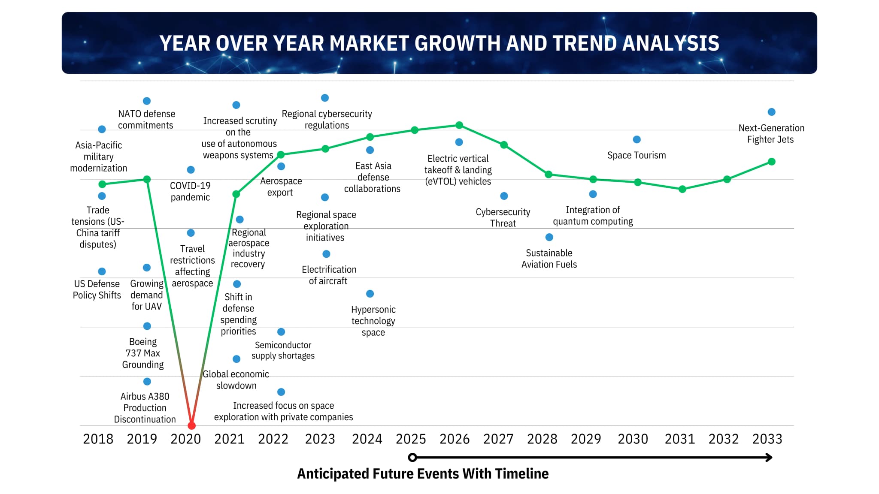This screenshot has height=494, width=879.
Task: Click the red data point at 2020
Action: click(x=192, y=425)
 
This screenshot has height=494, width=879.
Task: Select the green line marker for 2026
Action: click(x=459, y=125)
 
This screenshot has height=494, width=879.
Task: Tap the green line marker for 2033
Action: click(x=771, y=162)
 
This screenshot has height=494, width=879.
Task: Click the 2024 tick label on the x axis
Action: click(x=367, y=439)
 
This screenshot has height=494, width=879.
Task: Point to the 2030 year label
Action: click(x=633, y=439)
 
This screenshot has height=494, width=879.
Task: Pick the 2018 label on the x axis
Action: click(x=98, y=439)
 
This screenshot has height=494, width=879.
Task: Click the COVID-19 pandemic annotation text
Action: click(x=190, y=191)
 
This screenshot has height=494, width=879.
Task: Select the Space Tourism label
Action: click(x=637, y=155)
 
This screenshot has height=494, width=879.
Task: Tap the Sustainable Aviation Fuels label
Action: click(x=549, y=259)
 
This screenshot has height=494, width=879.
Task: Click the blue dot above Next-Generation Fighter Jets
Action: click(x=771, y=112)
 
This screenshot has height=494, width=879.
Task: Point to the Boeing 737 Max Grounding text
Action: click(x=143, y=353)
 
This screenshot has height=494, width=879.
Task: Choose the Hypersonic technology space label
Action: click(x=373, y=321)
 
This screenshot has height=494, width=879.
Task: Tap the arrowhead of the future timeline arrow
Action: click(x=769, y=458)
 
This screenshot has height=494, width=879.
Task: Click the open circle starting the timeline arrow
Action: click(x=412, y=458)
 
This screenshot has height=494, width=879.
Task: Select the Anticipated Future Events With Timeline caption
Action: click(x=423, y=474)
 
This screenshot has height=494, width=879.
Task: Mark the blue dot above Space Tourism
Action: click(x=637, y=139)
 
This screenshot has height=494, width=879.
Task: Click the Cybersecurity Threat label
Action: click(x=503, y=217)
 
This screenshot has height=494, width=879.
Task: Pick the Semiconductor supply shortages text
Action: click(x=283, y=350)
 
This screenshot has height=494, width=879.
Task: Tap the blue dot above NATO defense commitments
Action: click(x=147, y=101)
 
